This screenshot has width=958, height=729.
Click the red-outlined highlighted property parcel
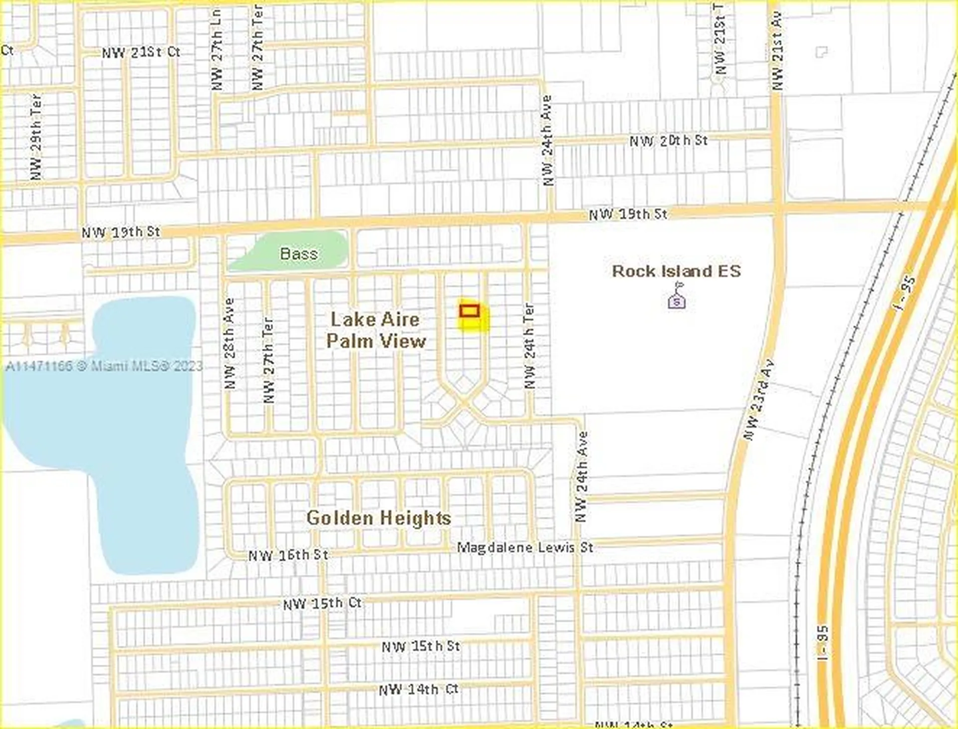[469, 311]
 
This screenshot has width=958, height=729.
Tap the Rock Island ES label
[676, 271]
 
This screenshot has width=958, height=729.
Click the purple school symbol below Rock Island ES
[677, 300]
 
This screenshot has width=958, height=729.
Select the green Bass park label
[298, 253]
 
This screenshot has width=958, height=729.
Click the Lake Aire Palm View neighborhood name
[376, 330]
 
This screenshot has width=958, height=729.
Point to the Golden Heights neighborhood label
[379, 518]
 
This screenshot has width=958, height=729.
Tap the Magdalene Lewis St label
[525, 547]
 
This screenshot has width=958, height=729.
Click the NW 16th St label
[288, 555]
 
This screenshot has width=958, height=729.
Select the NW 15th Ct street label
[322, 603]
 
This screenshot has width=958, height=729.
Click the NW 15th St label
[421, 646]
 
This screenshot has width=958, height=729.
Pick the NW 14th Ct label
[418, 690]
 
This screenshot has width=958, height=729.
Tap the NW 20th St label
[668, 141]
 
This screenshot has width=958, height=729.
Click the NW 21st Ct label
[141, 52]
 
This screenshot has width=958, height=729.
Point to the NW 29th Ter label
[36, 137]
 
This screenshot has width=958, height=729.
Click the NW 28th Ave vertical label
[229, 343]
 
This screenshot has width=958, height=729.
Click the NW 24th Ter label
[529, 346]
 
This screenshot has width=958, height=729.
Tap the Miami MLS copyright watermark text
[104, 366]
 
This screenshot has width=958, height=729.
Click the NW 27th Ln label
[216, 50]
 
